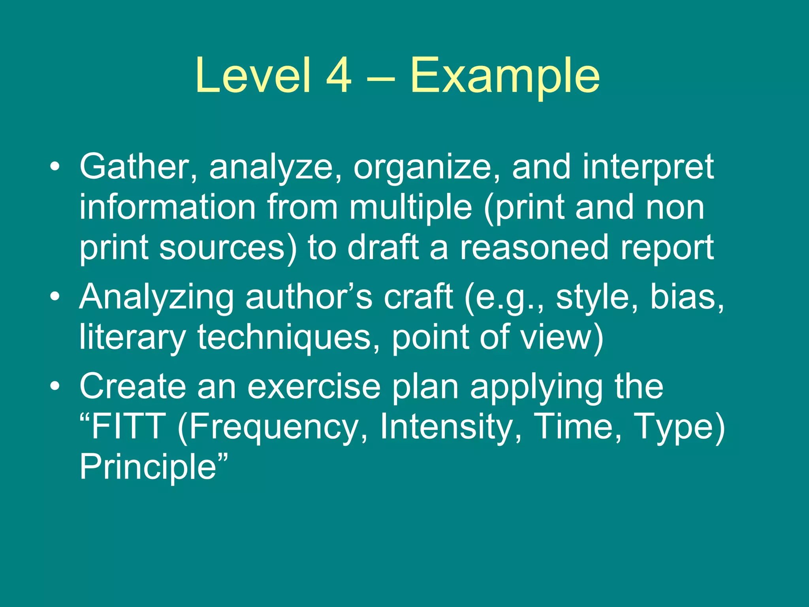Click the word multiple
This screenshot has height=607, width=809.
[411, 209]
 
